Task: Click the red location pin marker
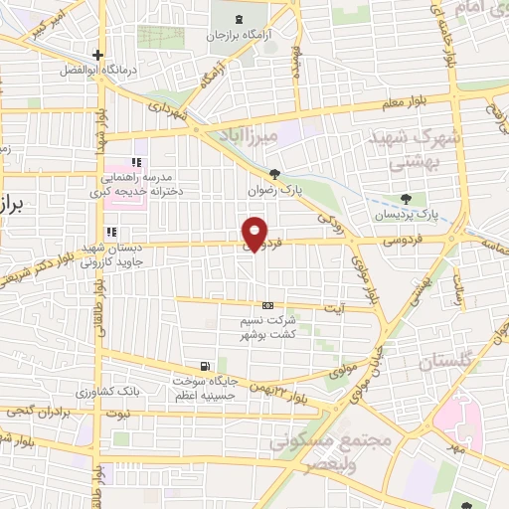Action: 257,234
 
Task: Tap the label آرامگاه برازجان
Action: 238,35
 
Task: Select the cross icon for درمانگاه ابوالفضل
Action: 96,55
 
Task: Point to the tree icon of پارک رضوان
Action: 288,173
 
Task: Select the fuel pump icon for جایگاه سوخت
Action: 206,367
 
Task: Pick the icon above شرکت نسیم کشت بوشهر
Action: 267,305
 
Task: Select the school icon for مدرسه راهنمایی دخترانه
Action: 138,161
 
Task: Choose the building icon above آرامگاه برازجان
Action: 237,18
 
